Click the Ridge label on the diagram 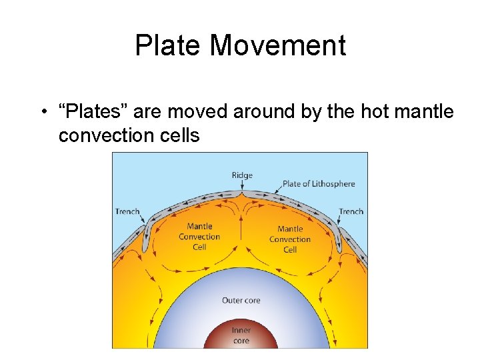tap(242, 175)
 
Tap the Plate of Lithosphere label tap(319, 184)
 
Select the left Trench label tap(127, 211)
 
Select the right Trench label tap(351, 211)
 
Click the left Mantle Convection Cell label tap(199, 237)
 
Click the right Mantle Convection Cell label tap(290, 239)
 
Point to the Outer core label tap(241, 300)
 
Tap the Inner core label tap(241, 335)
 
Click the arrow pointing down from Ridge tap(242, 187)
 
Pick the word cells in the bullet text tap(180, 135)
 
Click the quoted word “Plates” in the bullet tap(96, 111)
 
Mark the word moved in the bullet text tap(202, 111)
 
